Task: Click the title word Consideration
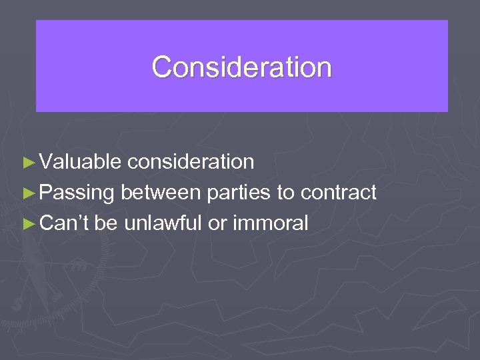241,67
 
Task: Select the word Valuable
80,162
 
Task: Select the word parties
239,193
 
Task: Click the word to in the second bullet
285,193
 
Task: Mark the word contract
339,193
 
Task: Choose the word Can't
64,224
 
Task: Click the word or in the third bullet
217,224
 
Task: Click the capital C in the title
161,67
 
